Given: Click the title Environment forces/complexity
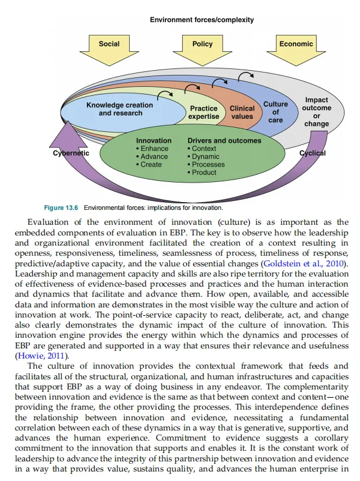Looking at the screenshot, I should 202,20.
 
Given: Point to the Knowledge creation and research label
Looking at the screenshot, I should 120,109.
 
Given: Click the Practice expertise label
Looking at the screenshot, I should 204,112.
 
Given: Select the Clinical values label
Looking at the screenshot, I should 242,112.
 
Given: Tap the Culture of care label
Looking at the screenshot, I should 276,112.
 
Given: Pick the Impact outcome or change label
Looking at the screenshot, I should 316,112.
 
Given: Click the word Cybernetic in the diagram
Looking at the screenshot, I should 70,153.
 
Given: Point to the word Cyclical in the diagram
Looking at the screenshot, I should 312,153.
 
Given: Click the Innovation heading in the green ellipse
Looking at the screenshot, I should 153,141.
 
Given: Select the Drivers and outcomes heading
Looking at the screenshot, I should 224,141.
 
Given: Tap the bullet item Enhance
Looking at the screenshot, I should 154,149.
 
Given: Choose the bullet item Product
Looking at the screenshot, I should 204,172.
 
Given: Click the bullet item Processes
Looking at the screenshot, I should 208,164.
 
